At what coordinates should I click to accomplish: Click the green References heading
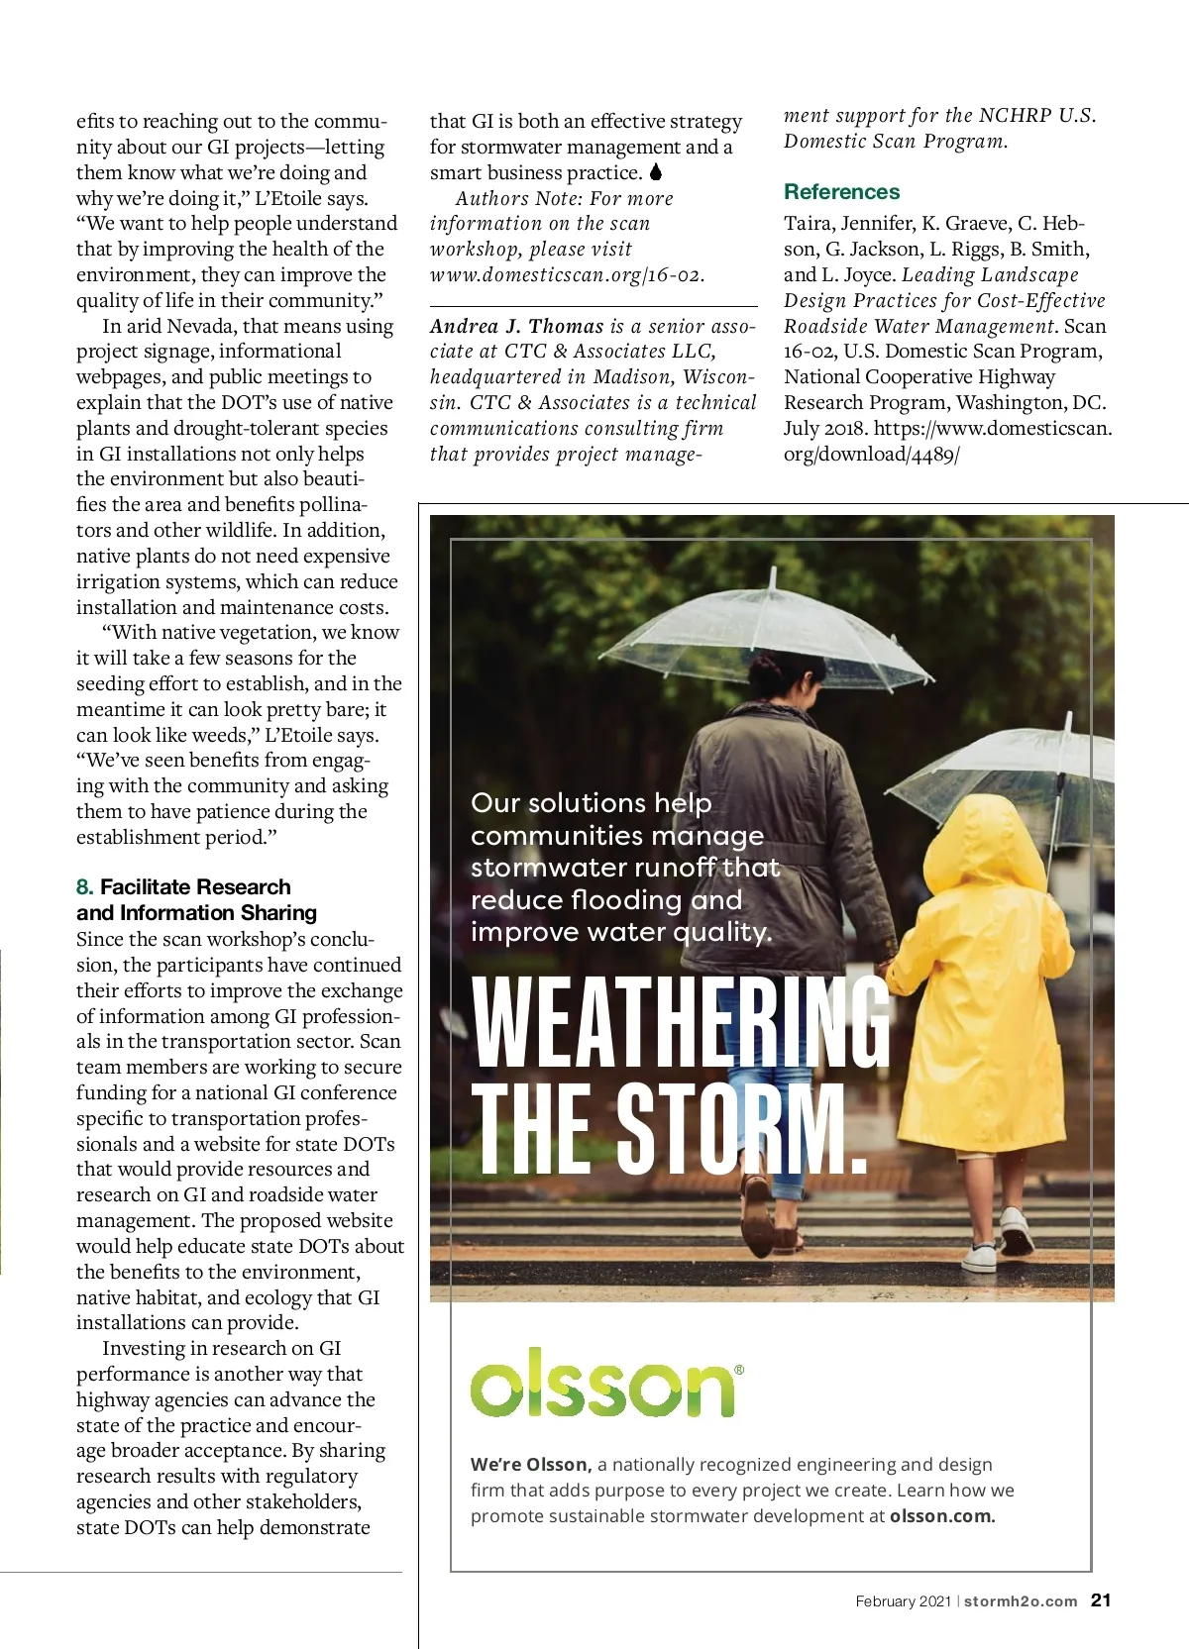pyautogui.click(x=841, y=192)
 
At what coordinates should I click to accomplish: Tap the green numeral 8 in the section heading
pyautogui.click(x=84, y=887)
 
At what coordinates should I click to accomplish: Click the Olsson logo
pyautogui.click(x=602, y=1383)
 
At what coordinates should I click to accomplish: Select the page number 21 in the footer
pyautogui.click(x=1101, y=1600)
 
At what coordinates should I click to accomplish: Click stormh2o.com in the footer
pyautogui.click(x=1020, y=1601)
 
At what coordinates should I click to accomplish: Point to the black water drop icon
pyautogui.click(x=655, y=172)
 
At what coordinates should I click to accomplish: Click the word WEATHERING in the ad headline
pyautogui.click(x=682, y=1022)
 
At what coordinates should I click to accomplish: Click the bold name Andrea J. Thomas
pyautogui.click(x=516, y=326)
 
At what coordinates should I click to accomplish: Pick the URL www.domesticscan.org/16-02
pyautogui.click(x=567, y=275)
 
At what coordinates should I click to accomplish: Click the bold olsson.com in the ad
pyautogui.click(x=941, y=1516)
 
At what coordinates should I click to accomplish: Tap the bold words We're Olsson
pyautogui.click(x=530, y=1465)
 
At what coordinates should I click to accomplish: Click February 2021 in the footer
pyautogui.click(x=903, y=1601)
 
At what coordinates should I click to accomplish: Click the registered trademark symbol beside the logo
pyautogui.click(x=739, y=1370)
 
